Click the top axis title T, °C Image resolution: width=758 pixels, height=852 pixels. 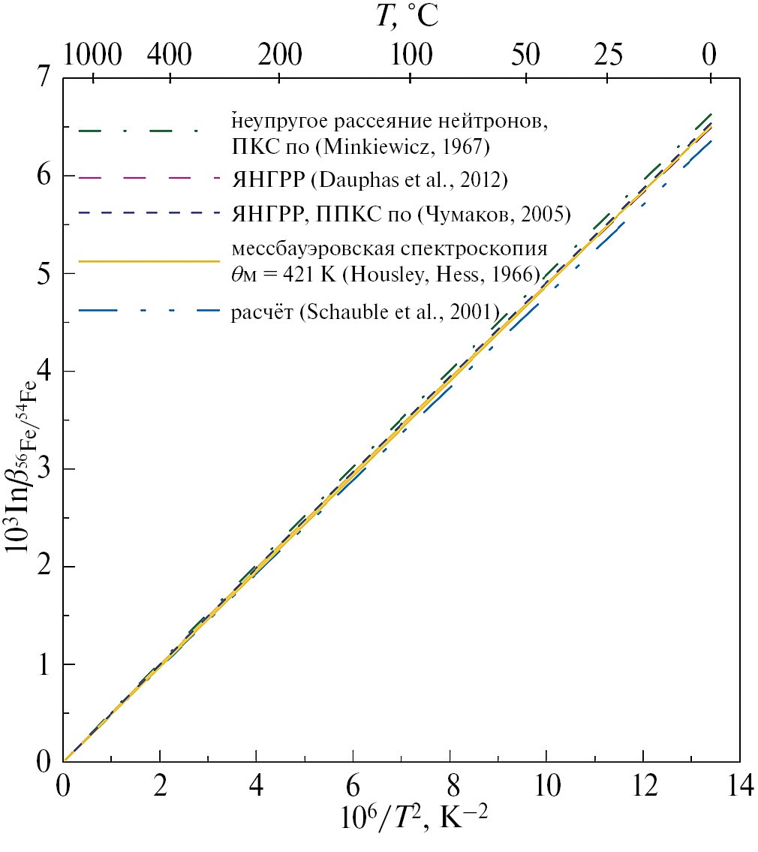tap(407, 17)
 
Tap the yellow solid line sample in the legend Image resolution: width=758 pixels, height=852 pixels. tap(147, 262)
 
